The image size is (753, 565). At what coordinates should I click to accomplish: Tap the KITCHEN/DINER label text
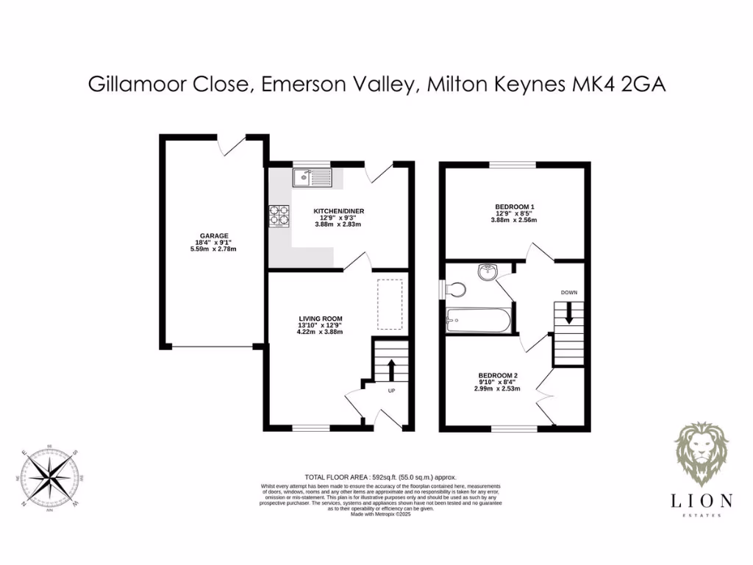click(339, 211)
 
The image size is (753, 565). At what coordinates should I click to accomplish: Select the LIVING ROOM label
click(319, 319)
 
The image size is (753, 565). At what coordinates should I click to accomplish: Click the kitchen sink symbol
click(313, 177)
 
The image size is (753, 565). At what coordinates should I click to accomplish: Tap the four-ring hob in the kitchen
click(279, 215)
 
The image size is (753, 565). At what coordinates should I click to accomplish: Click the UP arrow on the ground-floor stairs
click(390, 369)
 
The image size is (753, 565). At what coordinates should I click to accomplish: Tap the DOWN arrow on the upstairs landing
click(568, 314)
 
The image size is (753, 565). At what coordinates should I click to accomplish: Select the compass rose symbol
click(50, 478)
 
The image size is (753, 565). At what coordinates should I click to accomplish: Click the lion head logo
click(702, 453)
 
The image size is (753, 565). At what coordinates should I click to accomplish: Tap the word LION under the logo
click(702, 501)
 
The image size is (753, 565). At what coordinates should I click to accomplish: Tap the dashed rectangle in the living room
click(390, 305)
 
